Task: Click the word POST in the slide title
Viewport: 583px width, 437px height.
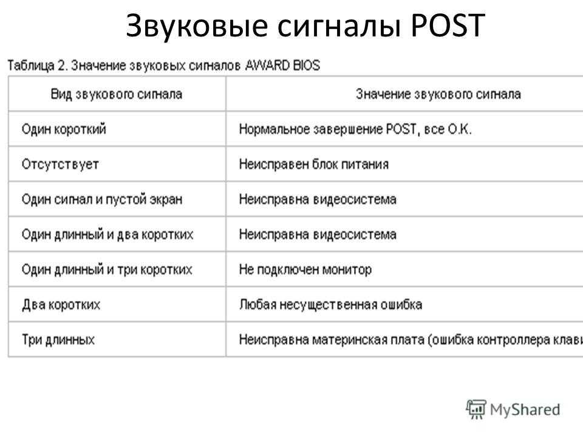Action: pos(448,25)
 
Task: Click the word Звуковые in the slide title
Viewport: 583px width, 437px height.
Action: pos(197,26)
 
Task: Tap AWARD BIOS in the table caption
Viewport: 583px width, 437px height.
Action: pos(282,66)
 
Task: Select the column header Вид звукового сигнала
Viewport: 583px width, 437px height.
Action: pos(117,95)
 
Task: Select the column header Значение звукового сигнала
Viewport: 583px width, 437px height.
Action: pos(438,95)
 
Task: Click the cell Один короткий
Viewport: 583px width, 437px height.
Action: pos(64,129)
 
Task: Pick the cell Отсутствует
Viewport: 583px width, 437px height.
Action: pos(60,164)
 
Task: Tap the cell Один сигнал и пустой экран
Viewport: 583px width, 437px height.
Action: pos(102,200)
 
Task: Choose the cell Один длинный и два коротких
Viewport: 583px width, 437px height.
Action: pos(107,234)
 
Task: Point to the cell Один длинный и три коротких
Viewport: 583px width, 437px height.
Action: pos(107,269)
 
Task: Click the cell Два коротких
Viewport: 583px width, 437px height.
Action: pos(61,305)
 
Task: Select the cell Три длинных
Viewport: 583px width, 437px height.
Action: pos(58,340)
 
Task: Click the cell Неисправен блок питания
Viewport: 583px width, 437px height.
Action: pos(314,164)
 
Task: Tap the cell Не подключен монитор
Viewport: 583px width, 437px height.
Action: pos(305,269)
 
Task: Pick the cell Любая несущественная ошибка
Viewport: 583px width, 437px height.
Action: pos(330,305)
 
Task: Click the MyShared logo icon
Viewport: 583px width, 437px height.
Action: pos(476,409)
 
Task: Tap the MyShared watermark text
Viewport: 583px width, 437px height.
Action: pos(525,410)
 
